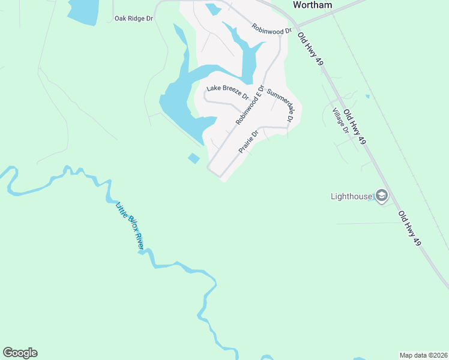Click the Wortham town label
(312, 4)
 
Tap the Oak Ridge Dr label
(134, 19)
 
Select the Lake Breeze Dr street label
(228, 92)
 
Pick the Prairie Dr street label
(248, 141)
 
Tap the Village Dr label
(341, 121)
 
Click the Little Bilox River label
(130, 225)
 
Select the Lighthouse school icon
(381, 196)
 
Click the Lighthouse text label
(351, 196)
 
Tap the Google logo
(20, 353)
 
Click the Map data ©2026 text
(423, 355)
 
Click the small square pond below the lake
(193, 158)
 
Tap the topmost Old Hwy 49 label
(311, 46)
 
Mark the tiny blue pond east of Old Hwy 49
(367, 96)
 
